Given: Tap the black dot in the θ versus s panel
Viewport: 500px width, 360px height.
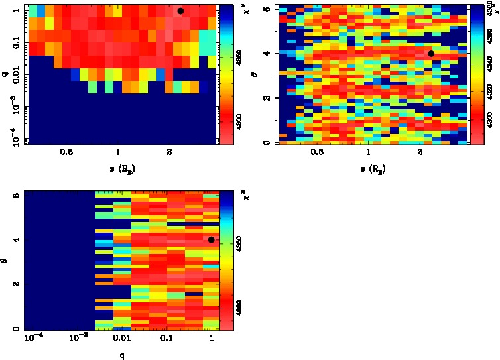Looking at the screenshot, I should click(431, 54).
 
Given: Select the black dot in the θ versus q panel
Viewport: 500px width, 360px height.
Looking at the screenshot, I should click(211, 240).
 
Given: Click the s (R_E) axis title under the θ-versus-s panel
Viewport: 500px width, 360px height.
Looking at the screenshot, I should click(371, 169).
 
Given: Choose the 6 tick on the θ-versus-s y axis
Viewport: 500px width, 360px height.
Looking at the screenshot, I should click(266, 9).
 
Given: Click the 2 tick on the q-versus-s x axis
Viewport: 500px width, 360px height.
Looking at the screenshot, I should click(170, 152).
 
